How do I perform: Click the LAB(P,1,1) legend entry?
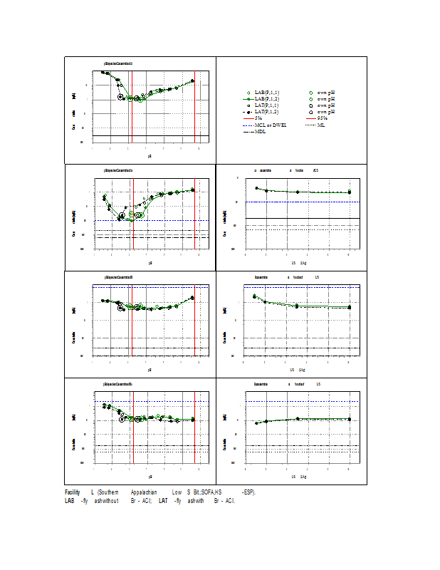[x=266, y=93]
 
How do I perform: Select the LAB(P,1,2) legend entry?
[x=266, y=100]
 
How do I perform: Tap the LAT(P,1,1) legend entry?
[x=266, y=105]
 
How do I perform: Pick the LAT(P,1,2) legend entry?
[x=266, y=112]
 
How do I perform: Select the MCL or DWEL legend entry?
[x=270, y=125]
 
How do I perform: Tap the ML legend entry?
[x=321, y=125]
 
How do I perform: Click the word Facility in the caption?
[x=72, y=492]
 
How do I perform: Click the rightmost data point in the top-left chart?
[x=192, y=81]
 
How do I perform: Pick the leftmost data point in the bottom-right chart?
[x=256, y=423]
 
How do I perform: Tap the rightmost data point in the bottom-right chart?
[x=349, y=419]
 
